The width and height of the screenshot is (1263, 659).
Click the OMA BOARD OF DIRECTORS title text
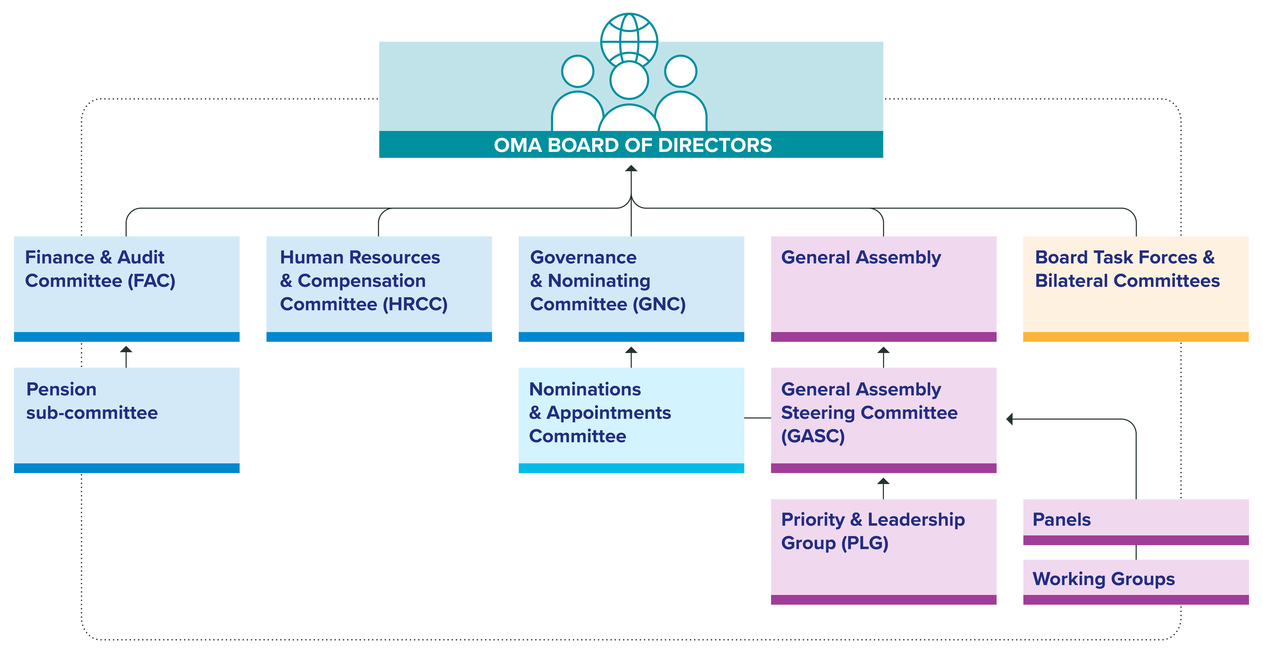point(633,145)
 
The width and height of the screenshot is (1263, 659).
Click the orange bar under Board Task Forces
point(1136,337)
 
